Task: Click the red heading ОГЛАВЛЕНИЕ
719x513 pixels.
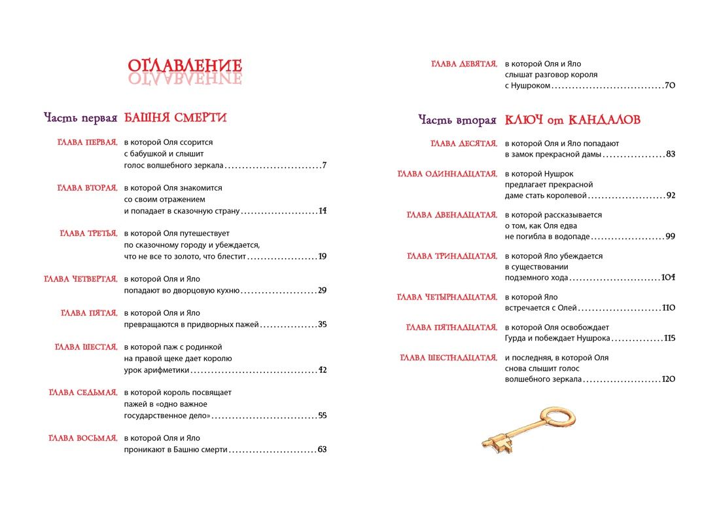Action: (184, 66)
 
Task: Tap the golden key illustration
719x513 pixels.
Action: (521, 430)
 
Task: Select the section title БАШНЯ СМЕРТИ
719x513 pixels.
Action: (175, 118)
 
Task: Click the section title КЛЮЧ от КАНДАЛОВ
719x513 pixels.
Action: (572, 120)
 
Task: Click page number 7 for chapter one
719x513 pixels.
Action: (324, 164)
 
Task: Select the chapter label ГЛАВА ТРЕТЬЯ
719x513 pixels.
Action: (88, 233)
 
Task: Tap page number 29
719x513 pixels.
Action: (322, 290)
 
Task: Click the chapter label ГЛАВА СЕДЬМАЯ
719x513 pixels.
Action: (83, 392)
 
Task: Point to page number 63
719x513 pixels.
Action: (322, 449)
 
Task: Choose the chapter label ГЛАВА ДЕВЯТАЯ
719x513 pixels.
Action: (465, 64)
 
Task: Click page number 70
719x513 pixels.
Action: (669, 85)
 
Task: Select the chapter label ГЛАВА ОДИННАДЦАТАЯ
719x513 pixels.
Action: (448, 174)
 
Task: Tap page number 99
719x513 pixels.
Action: (670, 237)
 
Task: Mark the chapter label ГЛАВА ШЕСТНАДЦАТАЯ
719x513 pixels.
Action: (448, 358)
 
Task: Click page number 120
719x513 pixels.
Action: (668, 379)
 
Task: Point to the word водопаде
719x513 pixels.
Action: (567, 237)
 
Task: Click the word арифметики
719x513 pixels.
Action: (167, 370)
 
